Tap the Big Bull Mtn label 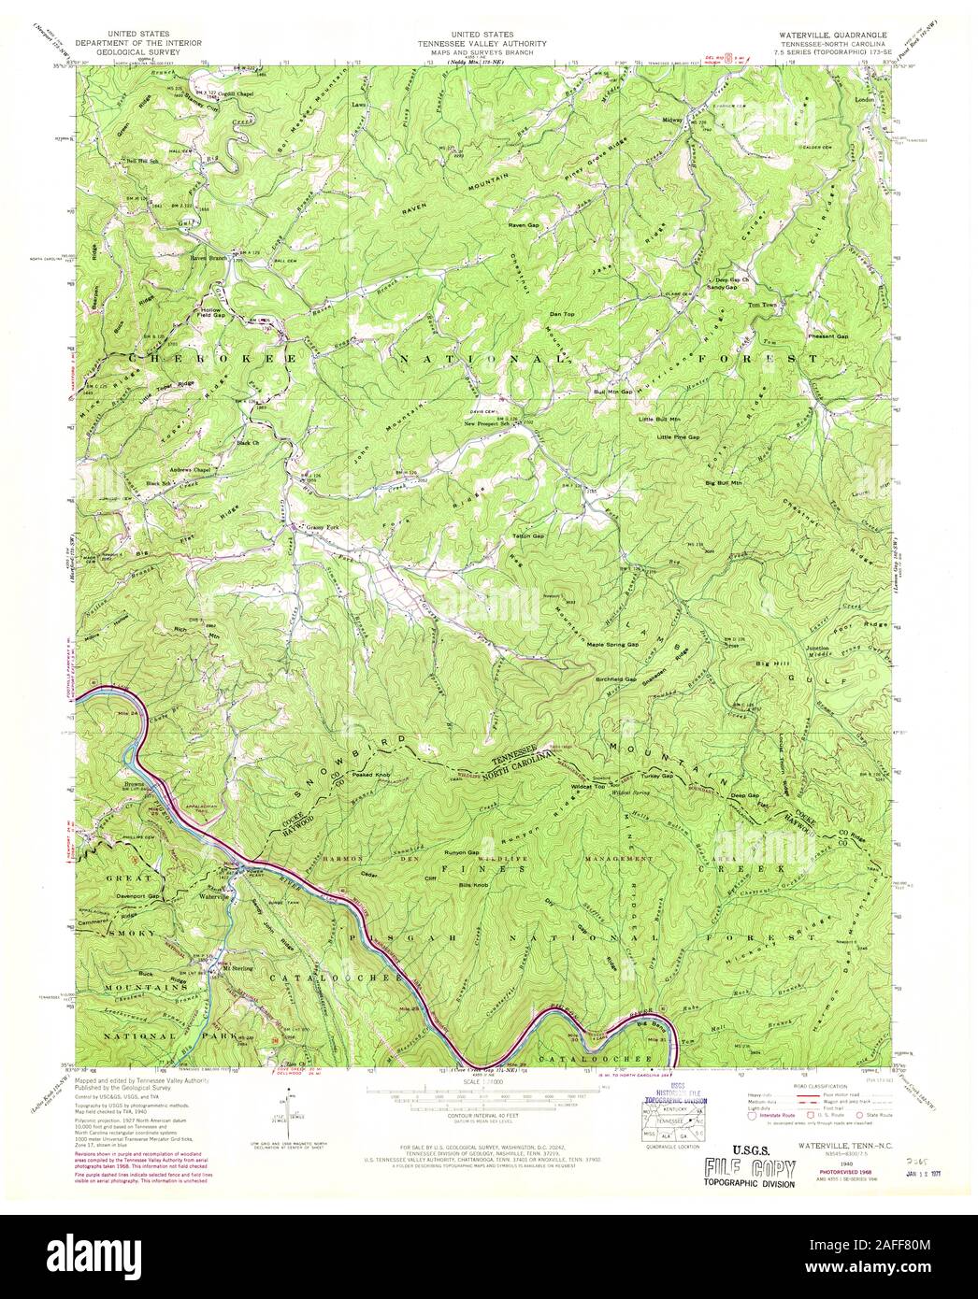tap(724, 482)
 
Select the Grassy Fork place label tap(321, 526)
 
